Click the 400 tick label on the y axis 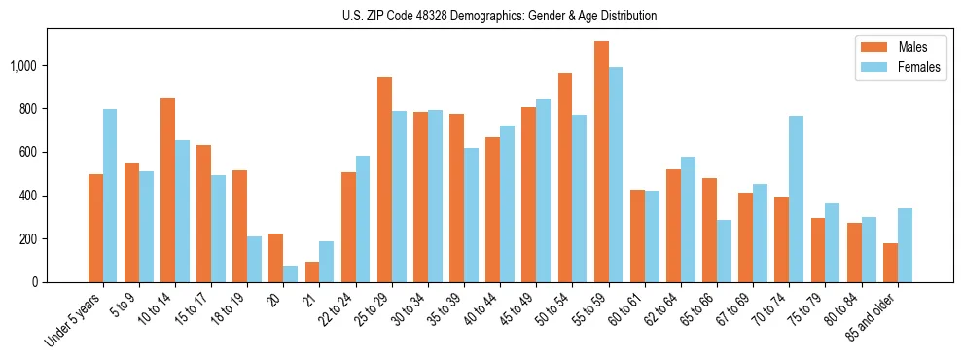(29, 196)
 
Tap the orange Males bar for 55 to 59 (601, 162)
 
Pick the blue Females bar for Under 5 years (110, 196)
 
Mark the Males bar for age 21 (312, 272)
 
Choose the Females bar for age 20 (291, 274)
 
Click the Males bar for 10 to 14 (167, 191)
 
